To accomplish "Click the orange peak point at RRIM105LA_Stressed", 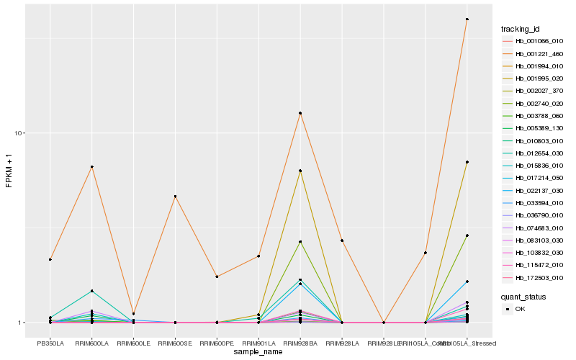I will [467, 19].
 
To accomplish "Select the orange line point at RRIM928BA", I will [300, 113].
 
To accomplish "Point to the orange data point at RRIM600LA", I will [91, 167].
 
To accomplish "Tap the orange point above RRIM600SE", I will [175, 197].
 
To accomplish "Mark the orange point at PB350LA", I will [50, 259].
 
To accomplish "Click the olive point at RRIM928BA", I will [300, 171].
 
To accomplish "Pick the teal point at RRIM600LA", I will [91, 291].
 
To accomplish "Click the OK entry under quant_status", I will [520, 309].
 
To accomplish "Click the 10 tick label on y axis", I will [19, 133].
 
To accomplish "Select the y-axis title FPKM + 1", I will [9, 171].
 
